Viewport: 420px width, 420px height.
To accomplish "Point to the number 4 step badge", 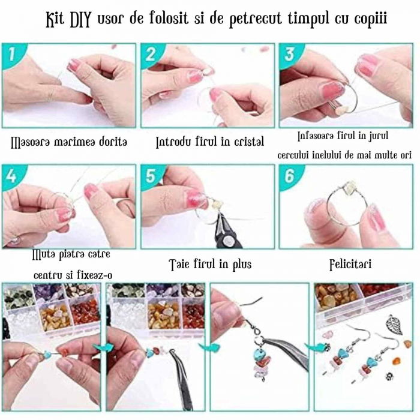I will click(10, 177).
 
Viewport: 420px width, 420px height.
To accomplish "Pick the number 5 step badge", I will click(151, 177).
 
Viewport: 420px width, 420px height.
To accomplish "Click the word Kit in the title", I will click(58, 19).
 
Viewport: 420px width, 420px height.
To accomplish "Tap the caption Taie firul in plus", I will click(209, 264).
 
